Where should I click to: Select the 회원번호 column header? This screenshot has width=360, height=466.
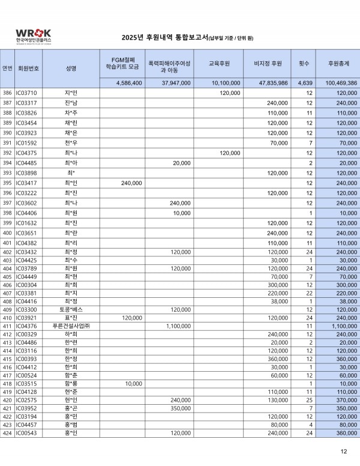coord(29,68)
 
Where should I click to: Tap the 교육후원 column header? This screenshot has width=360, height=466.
coord(220,63)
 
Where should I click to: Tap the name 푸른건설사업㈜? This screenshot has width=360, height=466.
coord(71,325)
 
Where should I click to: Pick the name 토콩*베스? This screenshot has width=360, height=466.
coord(71,309)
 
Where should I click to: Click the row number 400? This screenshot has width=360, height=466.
coord(7,233)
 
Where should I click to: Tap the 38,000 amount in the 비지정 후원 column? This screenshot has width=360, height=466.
coord(278,301)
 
